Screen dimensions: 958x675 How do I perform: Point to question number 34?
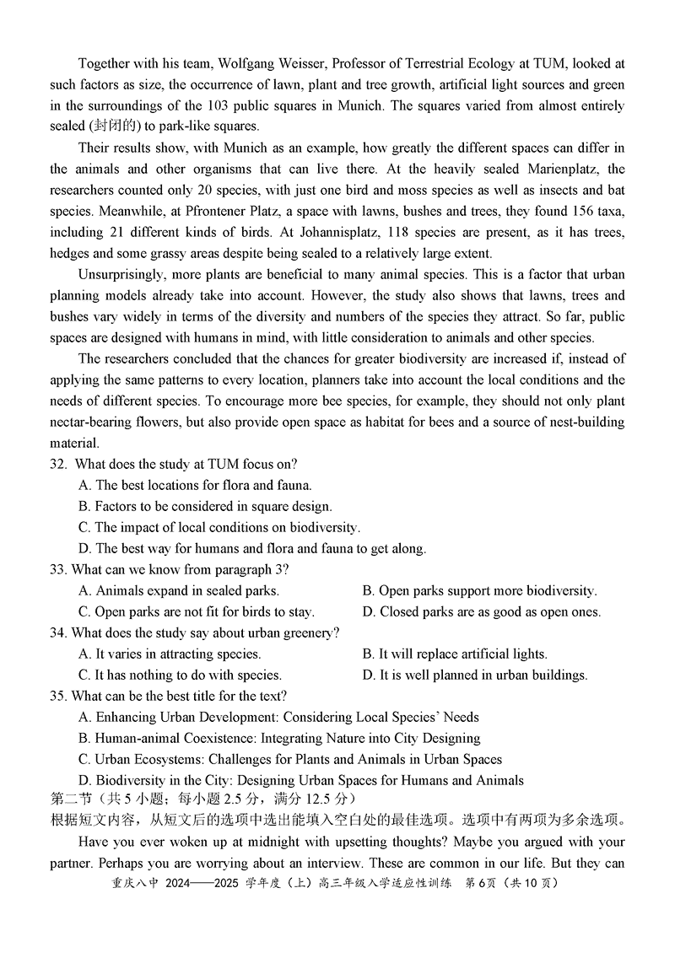pos(58,632)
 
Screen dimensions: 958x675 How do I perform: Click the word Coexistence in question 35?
pos(210,738)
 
